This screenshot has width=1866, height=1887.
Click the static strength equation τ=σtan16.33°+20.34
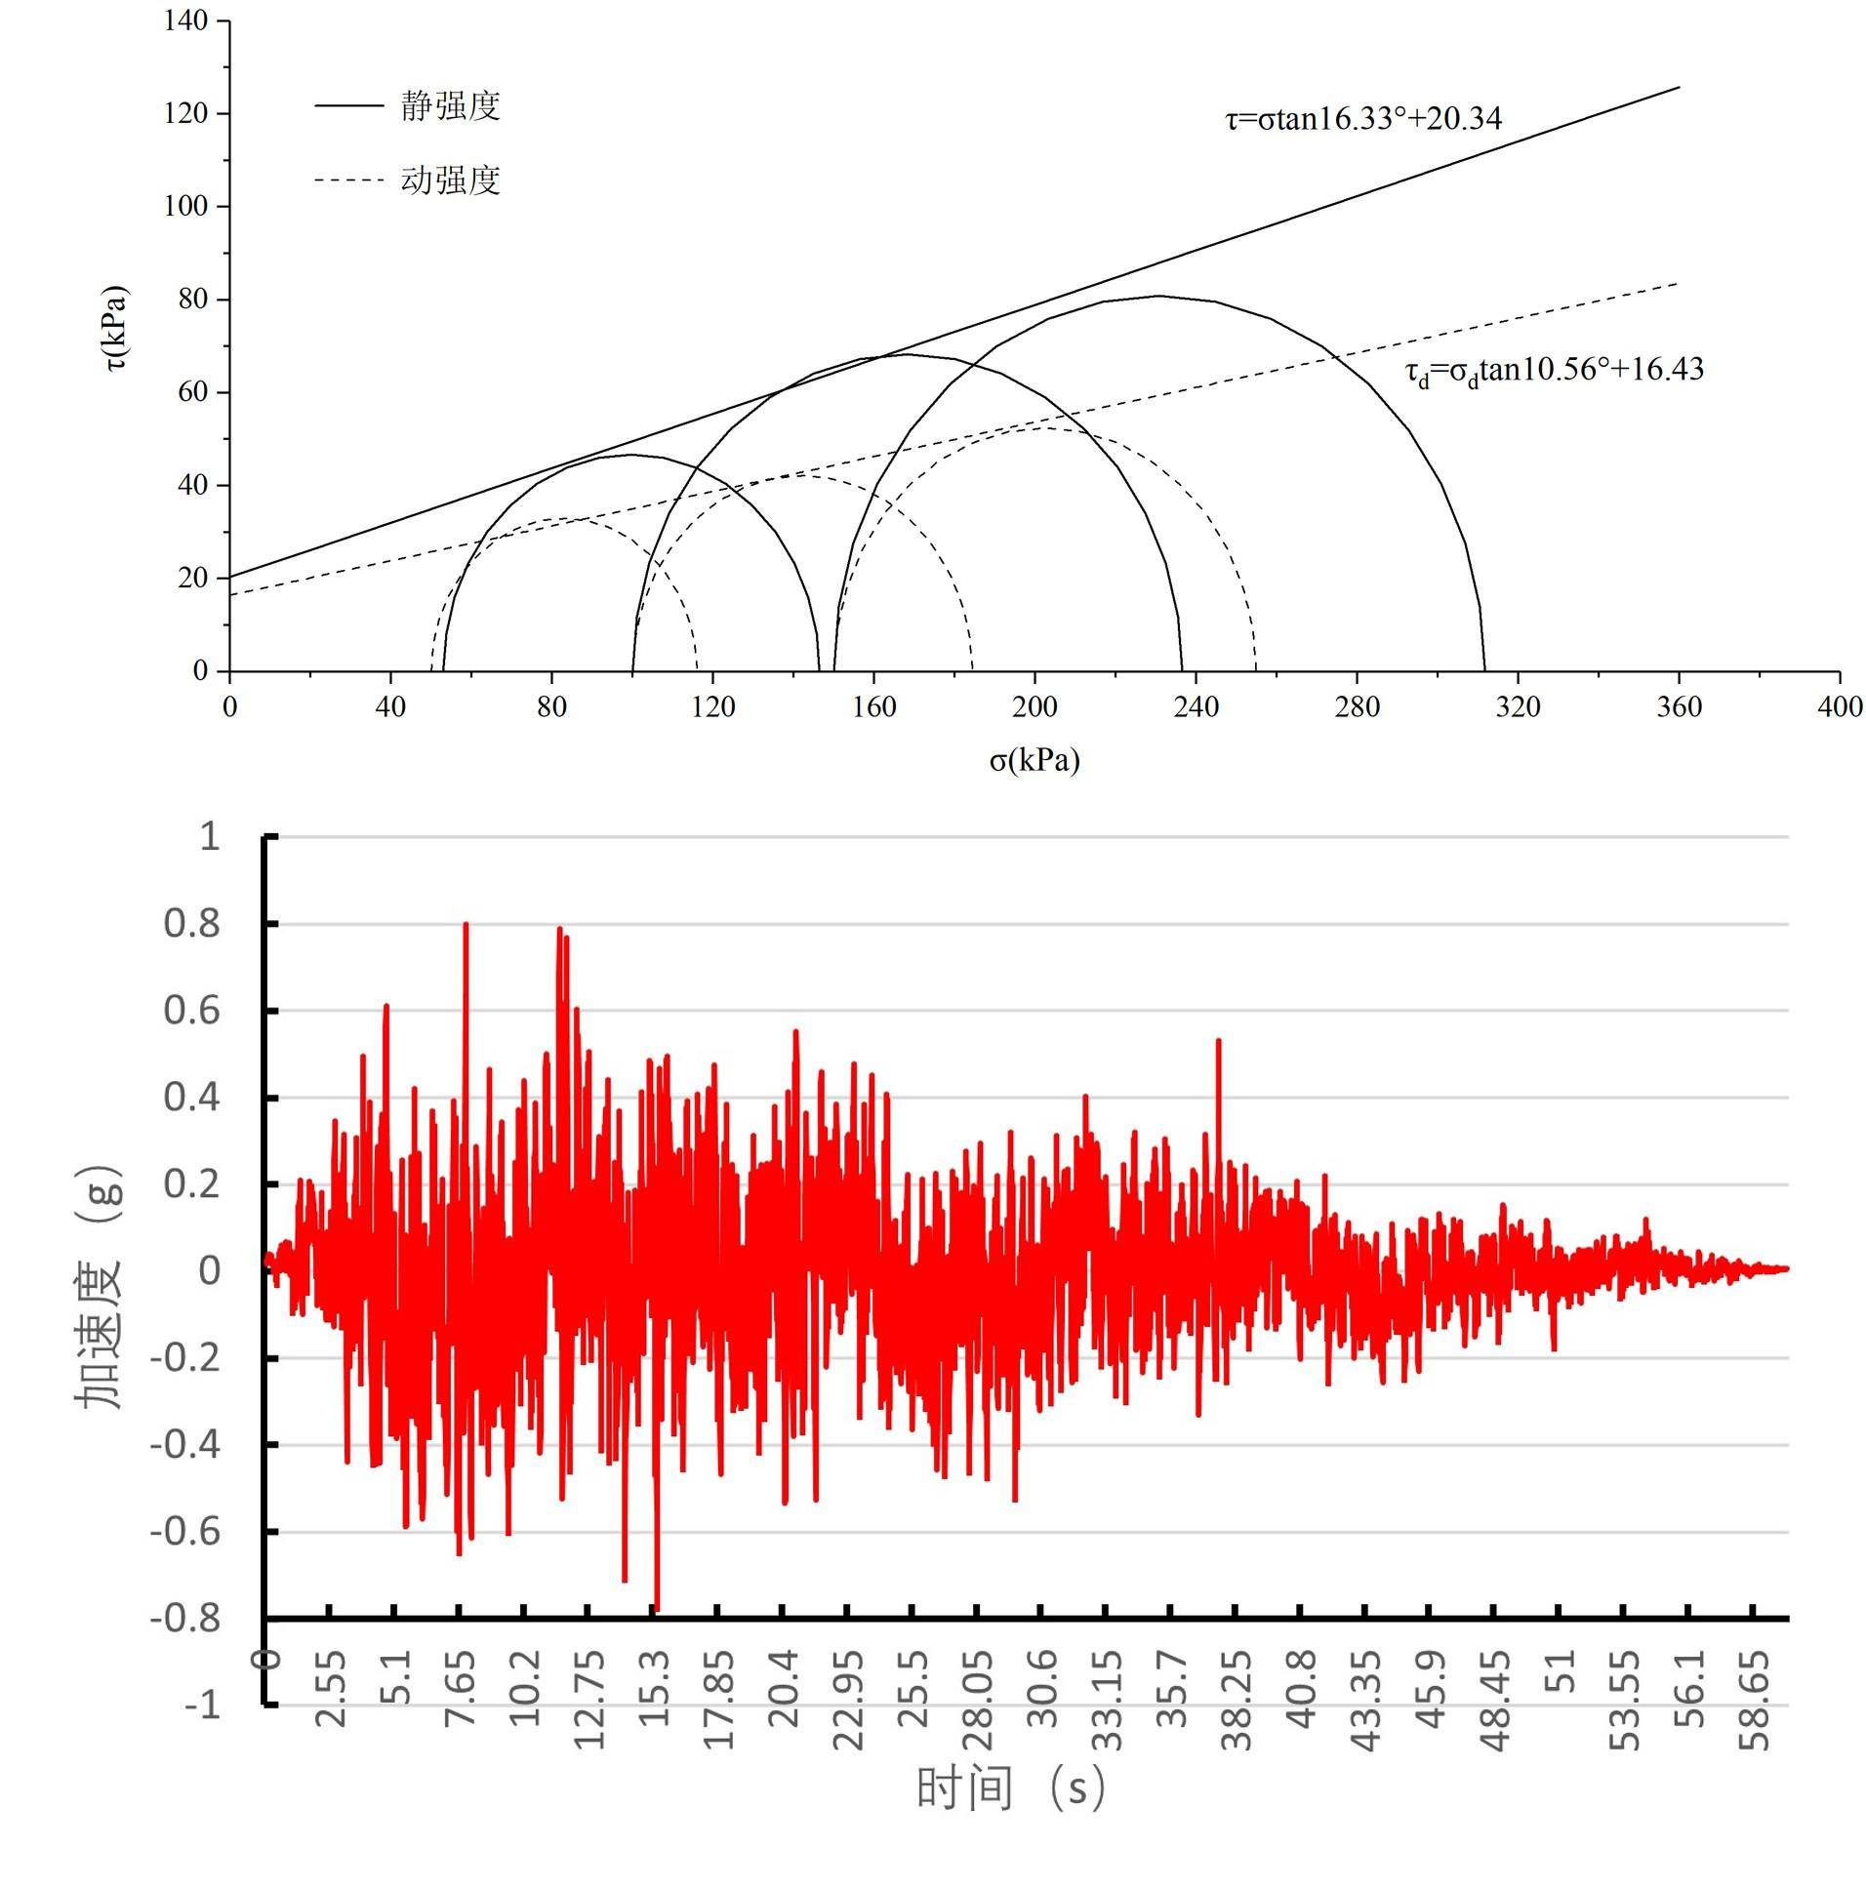pos(1362,118)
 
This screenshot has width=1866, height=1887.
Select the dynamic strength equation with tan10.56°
pos(1554,370)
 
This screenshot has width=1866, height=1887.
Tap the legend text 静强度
pos(450,105)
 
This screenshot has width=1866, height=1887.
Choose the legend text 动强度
pos(450,180)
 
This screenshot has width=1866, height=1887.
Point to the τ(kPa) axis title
pos(116,328)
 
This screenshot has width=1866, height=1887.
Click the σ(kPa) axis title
pos(1034,760)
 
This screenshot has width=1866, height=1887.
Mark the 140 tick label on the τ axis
pos(185,20)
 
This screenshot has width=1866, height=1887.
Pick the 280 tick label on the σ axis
pos(1357,707)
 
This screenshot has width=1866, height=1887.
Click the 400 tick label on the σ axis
pos(1839,707)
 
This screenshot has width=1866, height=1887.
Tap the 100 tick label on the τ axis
pos(185,206)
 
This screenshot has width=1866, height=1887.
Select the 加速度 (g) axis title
pos(99,1286)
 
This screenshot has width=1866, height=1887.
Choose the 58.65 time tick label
pos(1756,1701)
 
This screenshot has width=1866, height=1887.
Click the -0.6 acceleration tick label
pos(185,1532)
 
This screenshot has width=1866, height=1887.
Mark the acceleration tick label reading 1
pos(209,836)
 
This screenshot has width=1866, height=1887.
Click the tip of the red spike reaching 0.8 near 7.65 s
pos(466,924)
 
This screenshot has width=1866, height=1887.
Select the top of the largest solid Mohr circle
pos(1158,296)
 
